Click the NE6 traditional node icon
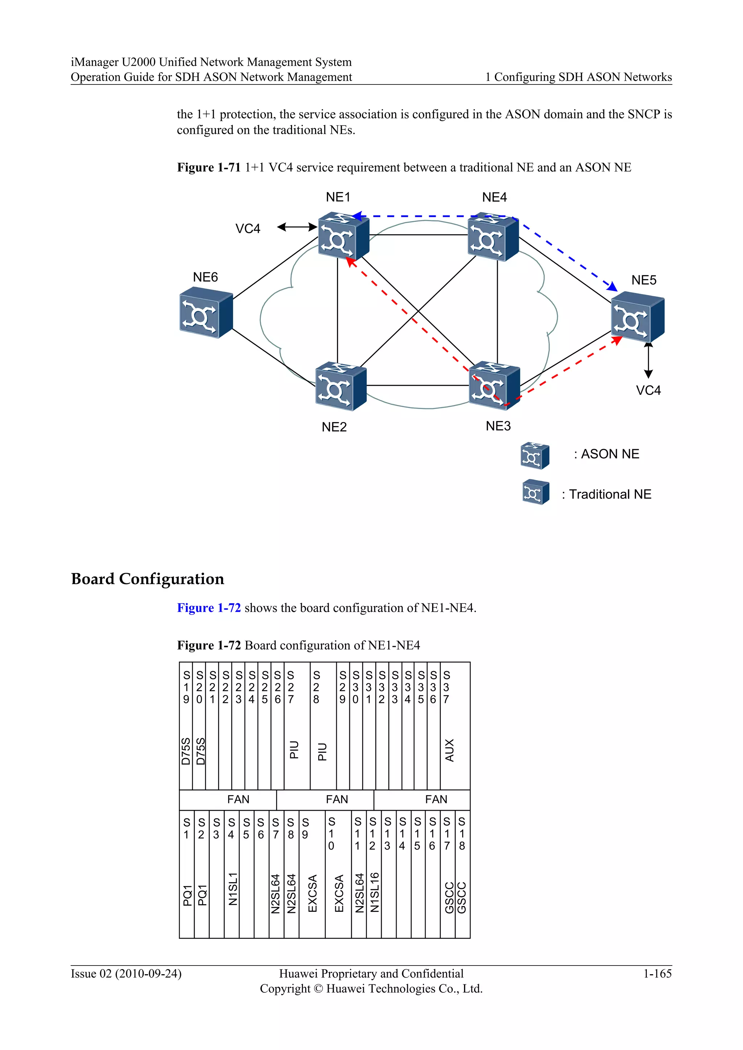tap(205, 313)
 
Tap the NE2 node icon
tap(340, 386)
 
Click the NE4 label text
tap(494, 198)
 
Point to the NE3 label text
tap(498, 426)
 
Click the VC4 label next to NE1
tap(247, 229)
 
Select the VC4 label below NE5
tap(648, 390)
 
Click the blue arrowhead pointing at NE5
tap(612, 287)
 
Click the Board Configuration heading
tap(147, 579)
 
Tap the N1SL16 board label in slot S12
tap(374, 892)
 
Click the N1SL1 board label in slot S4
tap(233, 889)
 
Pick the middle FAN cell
tap(337, 799)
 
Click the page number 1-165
tap(657, 974)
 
